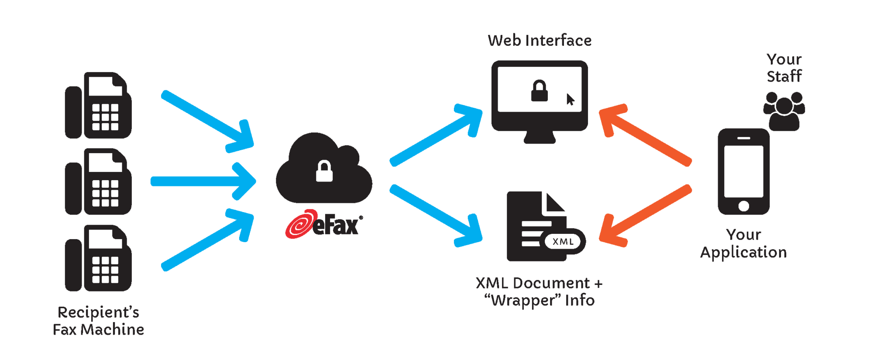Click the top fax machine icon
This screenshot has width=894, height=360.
pos(98,106)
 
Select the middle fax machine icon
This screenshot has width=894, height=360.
pos(98,182)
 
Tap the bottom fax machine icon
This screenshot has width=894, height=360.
pos(98,258)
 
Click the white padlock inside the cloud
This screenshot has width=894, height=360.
pos(324,171)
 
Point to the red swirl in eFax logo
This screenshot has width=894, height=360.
pos(300,224)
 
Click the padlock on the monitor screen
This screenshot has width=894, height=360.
pos(539,91)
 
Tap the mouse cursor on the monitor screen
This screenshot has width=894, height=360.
pos(570,99)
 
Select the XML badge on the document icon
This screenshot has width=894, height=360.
pos(563,242)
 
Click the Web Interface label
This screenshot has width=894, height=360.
pos(540,41)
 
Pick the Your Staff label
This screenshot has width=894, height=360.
pos(784,68)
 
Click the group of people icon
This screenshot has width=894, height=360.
pos(784,111)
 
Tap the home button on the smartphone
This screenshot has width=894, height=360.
pos(743,206)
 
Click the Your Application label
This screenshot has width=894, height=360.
pos(743,243)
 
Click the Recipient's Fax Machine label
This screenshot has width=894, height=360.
pos(98,321)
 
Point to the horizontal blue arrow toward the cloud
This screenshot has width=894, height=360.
pos(201,182)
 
